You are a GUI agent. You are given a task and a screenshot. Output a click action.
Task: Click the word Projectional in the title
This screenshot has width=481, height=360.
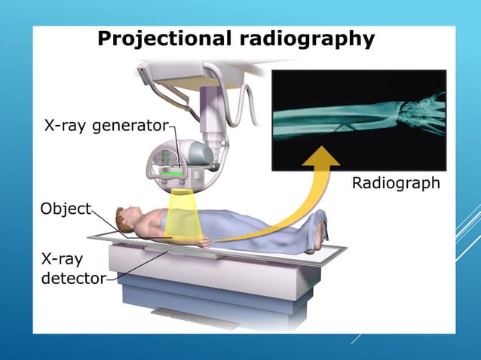click(x=161, y=39)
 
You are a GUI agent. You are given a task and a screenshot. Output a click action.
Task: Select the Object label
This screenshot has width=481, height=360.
click(x=66, y=209)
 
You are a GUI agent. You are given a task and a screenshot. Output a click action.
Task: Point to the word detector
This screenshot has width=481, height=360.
click(x=73, y=279)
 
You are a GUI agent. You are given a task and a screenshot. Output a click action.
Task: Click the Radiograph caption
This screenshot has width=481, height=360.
click(x=396, y=184)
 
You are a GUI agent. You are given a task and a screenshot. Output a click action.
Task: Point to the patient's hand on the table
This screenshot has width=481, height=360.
click(x=202, y=243)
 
